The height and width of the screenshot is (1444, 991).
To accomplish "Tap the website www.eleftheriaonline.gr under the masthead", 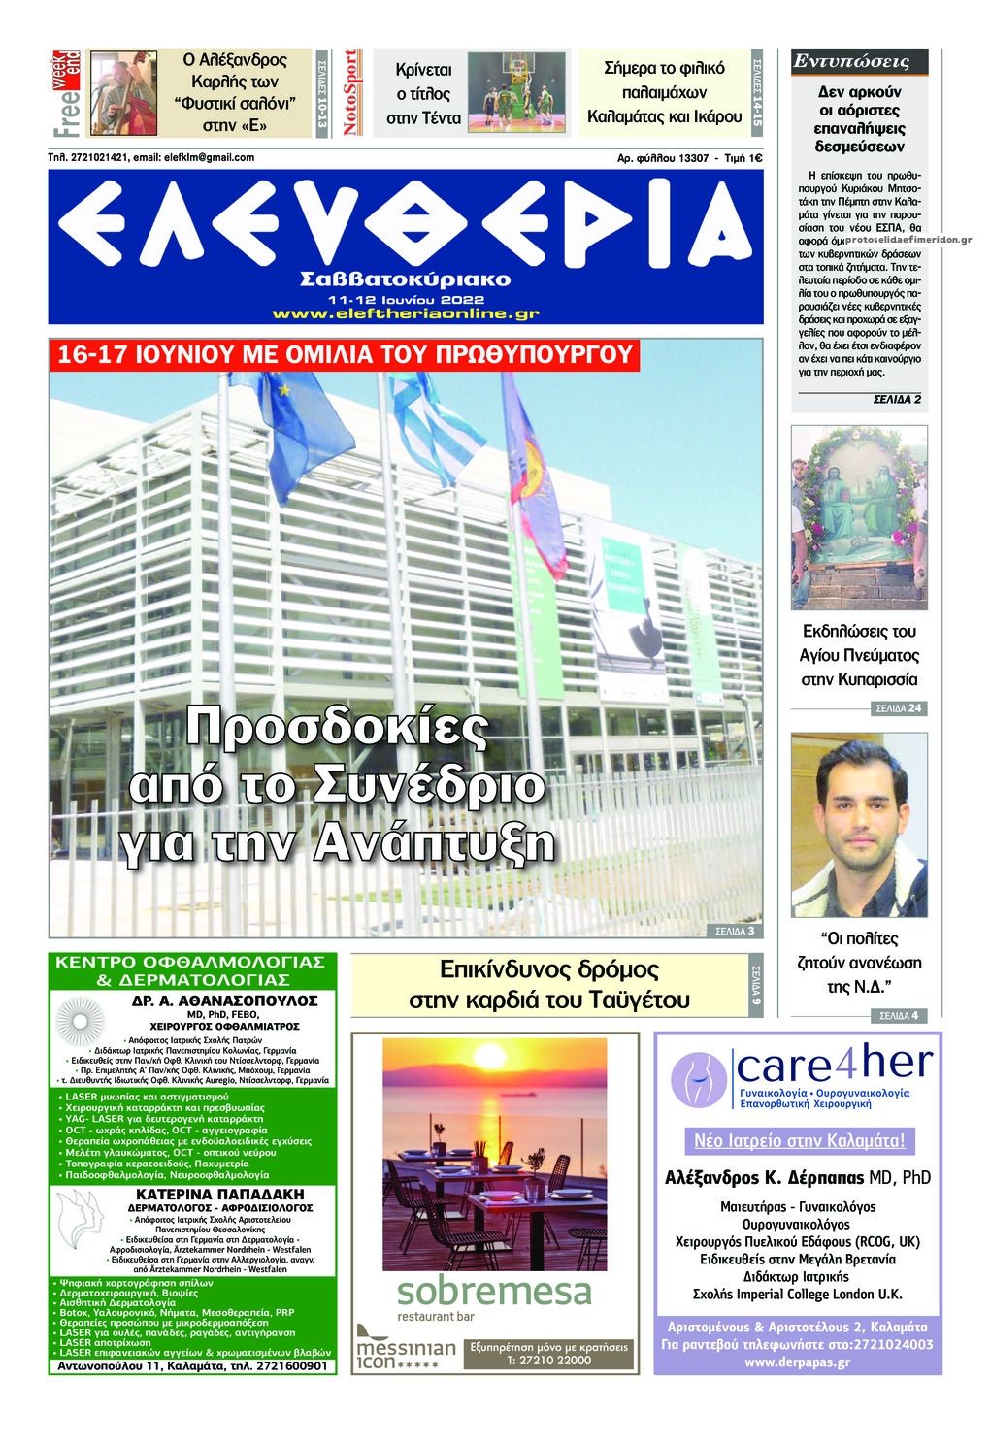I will click(x=406, y=313).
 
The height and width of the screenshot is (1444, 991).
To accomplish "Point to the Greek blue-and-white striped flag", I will click(x=437, y=427).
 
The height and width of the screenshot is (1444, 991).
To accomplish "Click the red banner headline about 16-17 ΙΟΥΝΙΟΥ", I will click(x=345, y=353).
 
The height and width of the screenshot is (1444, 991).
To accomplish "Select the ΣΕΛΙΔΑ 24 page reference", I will click(x=898, y=708).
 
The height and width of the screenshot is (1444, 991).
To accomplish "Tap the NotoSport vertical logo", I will click(x=352, y=92).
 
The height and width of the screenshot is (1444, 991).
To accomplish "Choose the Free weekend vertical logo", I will click(x=66, y=92).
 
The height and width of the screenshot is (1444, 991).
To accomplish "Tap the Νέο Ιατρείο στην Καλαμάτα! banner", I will click(x=799, y=1140).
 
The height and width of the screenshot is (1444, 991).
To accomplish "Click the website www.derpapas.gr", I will click(x=798, y=1362).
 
